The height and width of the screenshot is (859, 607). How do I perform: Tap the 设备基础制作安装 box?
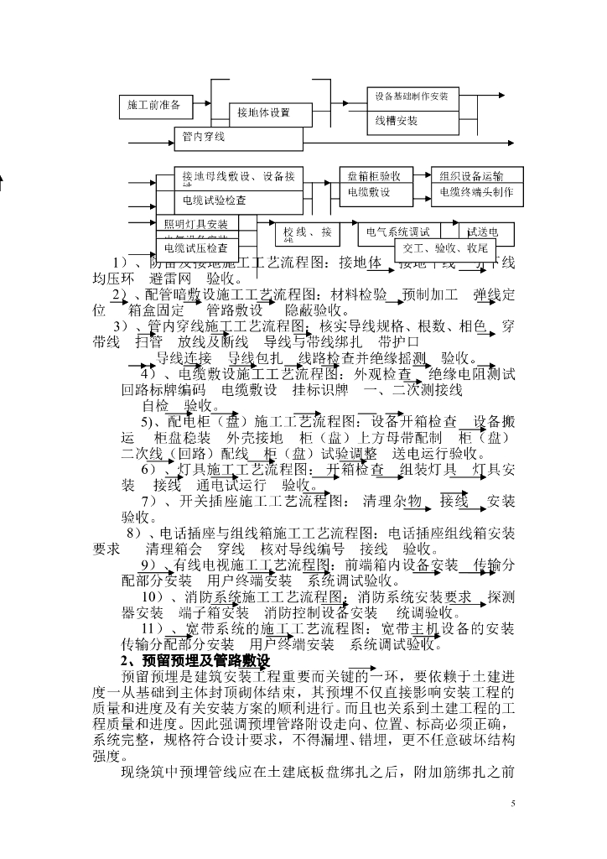(x=411, y=96)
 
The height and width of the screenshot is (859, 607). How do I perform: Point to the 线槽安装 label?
(x=397, y=121)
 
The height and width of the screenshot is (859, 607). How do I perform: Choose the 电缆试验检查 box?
(x=215, y=200)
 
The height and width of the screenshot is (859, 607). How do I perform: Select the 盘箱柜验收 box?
(x=374, y=176)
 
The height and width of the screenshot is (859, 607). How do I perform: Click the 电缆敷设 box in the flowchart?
(x=370, y=192)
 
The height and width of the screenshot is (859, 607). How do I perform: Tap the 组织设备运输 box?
(x=471, y=176)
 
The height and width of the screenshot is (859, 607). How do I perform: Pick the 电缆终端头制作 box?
(x=476, y=192)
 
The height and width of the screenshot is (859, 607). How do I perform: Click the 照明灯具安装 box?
(x=195, y=224)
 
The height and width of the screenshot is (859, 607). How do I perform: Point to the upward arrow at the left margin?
(x=3, y=181)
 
